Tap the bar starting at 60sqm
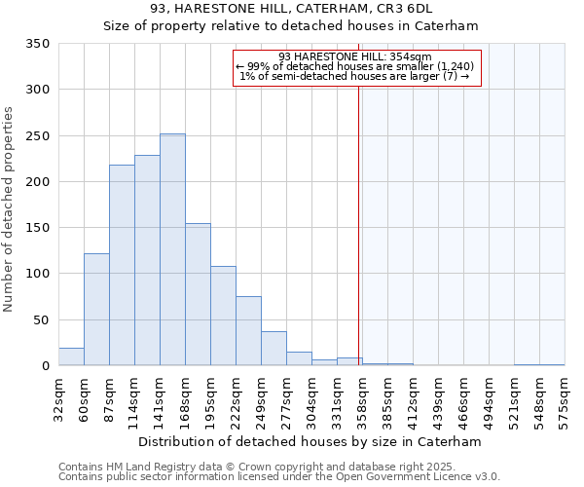coord(96,310)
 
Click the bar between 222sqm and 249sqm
coord(248,331)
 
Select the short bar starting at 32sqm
coord(71,356)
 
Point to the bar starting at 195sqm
coord(223,316)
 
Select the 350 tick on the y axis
coord(37,44)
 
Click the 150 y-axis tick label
coord(37,228)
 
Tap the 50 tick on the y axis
coord(41,319)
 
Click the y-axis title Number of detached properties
coord(9,209)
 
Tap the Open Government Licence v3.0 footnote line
coord(279,477)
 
